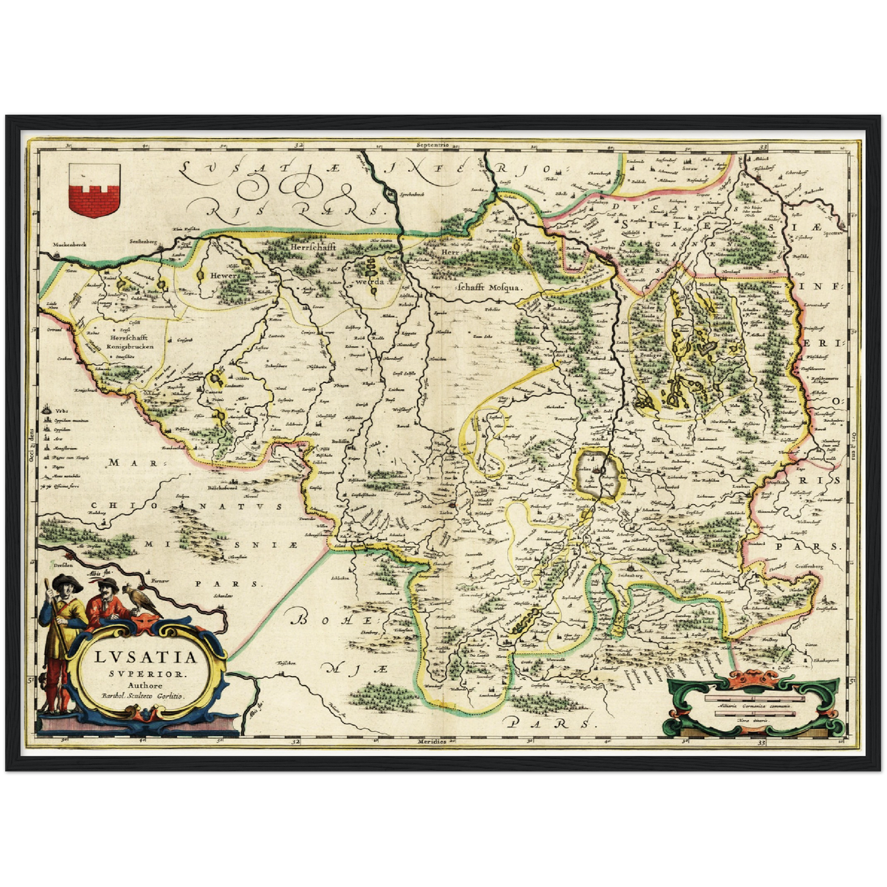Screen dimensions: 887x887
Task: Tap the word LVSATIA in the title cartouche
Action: (x=147, y=657)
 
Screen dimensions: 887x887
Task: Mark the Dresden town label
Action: (x=63, y=562)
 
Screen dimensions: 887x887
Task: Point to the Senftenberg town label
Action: (x=141, y=243)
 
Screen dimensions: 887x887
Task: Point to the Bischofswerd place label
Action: (x=227, y=489)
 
